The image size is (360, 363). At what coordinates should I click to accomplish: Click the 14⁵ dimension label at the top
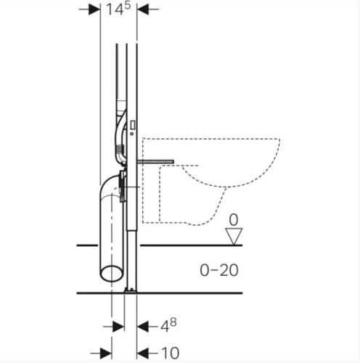(x=118, y=9)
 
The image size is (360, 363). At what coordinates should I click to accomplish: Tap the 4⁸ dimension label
(x=168, y=325)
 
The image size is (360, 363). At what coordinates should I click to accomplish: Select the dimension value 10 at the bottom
(x=170, y=353)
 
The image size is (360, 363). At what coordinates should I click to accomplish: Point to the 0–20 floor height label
(x=219, y=270)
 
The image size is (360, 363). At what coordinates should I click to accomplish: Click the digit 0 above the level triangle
(x=234, y=220)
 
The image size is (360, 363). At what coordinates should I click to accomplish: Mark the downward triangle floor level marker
(x=234, y=236)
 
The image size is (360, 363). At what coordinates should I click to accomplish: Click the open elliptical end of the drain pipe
(x=112, y=274)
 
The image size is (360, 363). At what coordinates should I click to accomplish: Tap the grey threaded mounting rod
(x=155, y=161)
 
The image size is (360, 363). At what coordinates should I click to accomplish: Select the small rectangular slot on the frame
(x=132, y=125)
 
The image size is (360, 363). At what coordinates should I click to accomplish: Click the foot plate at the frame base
(x=131, y=290)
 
